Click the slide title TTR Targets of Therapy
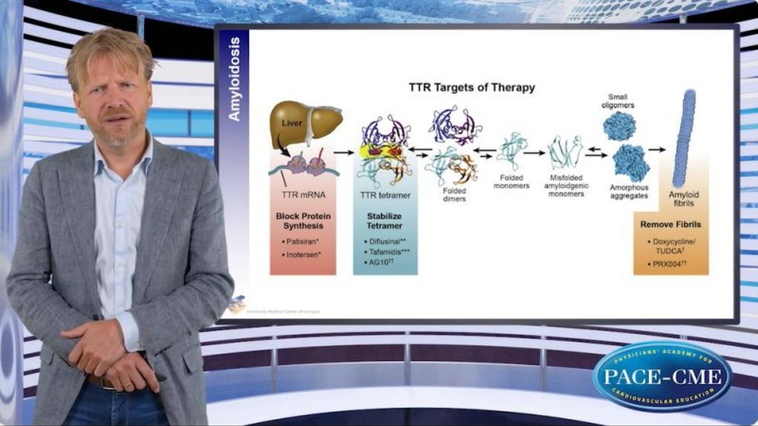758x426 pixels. tap(472, 88)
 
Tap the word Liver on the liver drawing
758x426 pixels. tap(292, 123)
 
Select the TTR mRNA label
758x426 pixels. tap(303, 195)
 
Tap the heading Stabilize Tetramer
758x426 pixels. tap(384, 221)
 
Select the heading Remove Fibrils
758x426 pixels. tap(670, 225)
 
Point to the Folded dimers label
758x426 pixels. tap(454, 195)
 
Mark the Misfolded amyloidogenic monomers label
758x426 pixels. tap(566, 186)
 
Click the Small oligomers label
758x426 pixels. tap(618, 101)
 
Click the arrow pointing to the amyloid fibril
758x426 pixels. tap(657, 150)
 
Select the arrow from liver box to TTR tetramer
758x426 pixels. tap(344, 153)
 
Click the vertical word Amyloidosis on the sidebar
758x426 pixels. tap(234, 79)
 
